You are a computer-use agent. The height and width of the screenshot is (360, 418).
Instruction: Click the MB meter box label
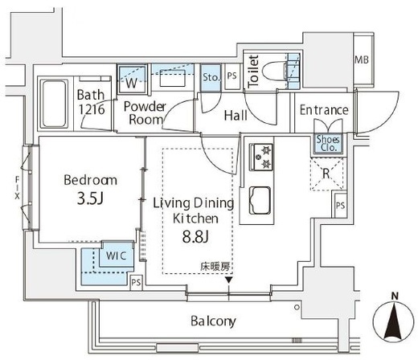362,59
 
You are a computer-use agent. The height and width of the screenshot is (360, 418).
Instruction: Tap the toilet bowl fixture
274,72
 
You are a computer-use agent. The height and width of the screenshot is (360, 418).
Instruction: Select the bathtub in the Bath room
54,104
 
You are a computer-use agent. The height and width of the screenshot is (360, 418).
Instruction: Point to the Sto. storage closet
211,78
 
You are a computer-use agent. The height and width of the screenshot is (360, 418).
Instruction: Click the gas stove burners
261,157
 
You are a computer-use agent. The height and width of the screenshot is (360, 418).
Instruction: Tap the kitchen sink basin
260,200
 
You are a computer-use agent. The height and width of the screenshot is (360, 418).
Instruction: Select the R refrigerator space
326,174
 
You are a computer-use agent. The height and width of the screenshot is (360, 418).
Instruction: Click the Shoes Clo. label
328,143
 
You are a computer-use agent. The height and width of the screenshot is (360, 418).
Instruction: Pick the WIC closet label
116,256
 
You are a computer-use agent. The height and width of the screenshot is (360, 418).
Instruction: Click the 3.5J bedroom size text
90,198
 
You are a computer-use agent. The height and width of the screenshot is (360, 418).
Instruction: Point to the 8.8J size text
195,236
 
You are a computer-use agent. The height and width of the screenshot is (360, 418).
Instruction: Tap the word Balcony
213,321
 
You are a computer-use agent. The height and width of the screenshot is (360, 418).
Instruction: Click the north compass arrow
394,320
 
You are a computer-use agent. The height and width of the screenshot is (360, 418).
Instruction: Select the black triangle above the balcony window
228,280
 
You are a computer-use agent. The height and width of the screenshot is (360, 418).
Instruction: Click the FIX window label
17,187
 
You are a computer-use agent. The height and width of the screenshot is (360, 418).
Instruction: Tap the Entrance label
324,110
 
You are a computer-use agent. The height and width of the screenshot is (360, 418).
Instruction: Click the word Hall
236,116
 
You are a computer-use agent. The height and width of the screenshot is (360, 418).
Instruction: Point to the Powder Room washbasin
172,78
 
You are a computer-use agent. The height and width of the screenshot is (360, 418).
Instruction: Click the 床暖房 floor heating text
215,267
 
